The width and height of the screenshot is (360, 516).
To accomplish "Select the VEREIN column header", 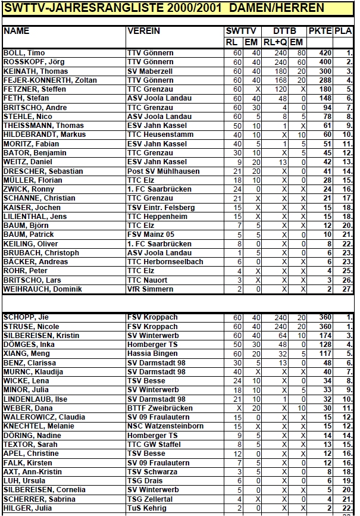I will [143, 31].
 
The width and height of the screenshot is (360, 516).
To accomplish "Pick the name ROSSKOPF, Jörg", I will [33, 62].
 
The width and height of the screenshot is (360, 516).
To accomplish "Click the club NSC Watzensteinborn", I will [165, 426].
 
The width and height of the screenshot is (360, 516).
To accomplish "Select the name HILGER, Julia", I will [27, 508].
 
